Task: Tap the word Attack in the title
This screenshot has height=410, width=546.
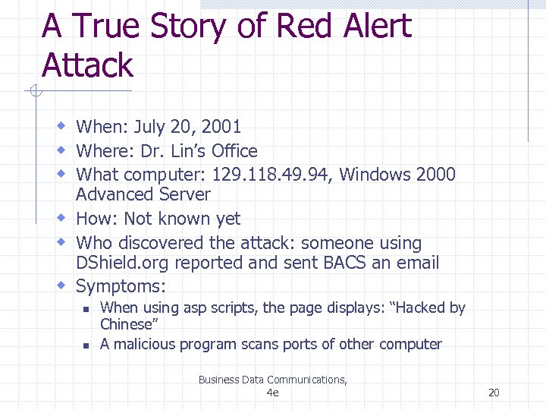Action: coord(87,65)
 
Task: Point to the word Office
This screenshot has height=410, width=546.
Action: coord(234,151)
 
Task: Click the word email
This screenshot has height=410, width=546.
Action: coord(414,263)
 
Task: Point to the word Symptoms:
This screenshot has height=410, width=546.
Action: coord(121,286)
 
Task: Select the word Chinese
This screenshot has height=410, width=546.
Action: coord(127,324)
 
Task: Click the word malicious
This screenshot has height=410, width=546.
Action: coord(145,344)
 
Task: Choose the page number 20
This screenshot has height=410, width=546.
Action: coord(494,393)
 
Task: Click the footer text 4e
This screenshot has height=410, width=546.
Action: coord(273,393)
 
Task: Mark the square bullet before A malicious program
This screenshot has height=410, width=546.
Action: coord(86,345)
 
